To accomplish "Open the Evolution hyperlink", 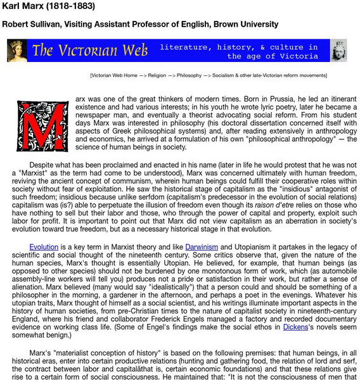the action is [x=44, y=246].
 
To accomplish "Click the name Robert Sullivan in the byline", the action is [x=31, y=25].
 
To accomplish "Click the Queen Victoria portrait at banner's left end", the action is [x=17, y=51].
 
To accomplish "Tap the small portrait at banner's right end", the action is [x=339, y=51].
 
